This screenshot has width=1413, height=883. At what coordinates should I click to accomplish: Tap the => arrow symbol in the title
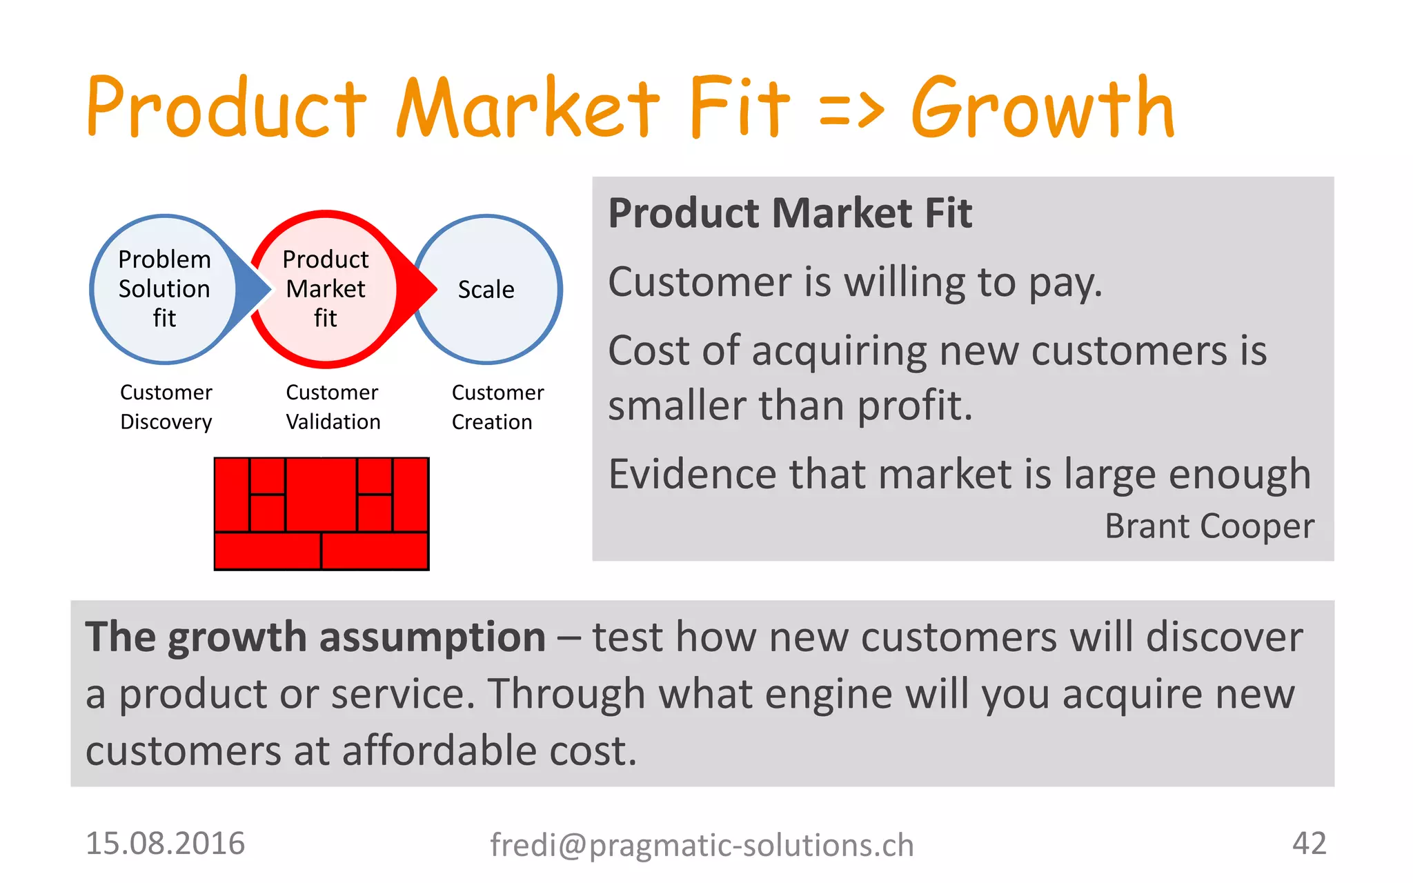point(851,110)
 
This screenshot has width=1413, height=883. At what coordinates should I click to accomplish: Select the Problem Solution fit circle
point(164,289)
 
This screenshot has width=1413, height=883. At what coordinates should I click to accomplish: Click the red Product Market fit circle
point(325,289)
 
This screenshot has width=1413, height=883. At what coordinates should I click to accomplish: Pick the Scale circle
point(486,289)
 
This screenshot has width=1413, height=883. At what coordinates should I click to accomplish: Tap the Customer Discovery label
point(166,407)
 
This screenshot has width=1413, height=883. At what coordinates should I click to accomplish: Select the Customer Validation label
point(333,407)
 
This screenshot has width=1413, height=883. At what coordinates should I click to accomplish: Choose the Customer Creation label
point(497,407)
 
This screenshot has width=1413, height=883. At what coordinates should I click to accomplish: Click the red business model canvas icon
point(322,514)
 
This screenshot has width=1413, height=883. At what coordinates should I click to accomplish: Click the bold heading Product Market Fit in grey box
point(790,213)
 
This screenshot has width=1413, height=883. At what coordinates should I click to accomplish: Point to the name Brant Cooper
point(1209,526)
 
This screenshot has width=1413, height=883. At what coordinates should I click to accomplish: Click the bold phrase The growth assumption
point(315,637)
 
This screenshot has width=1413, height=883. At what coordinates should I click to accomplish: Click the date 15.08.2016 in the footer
point(165,844)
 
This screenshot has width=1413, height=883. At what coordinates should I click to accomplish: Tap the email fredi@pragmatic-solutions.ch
point(702,846)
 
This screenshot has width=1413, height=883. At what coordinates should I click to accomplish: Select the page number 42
point(1309,843)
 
